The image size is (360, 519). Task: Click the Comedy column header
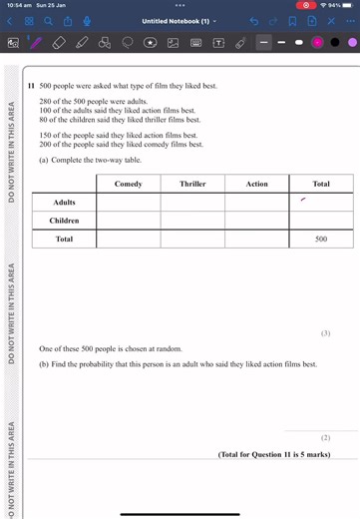(x=129, y=184)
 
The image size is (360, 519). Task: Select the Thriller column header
(x=192, y=184)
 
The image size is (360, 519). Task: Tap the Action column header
(x=256, y=184)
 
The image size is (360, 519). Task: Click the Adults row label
(x=64, y=202)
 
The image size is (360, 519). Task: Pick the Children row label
(x=64, y=221)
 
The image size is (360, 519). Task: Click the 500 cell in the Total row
(x=320, y=240)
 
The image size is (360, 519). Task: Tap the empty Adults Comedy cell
(x=129, y=202)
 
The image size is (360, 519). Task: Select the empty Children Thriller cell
(x=192, y=221)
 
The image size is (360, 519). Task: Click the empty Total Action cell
(x=256, y=240)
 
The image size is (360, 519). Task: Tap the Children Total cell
(x=320, y=221)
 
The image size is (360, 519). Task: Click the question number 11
(x=32, y=87)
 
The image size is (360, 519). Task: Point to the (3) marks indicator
(x=325, y=332)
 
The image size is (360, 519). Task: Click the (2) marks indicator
(x=325, y=437)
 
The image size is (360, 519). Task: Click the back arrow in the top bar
(x=10, y=21)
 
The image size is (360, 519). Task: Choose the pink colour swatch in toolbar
(x=317, y=43)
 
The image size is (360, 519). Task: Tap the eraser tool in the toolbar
(x=59, y=43)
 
